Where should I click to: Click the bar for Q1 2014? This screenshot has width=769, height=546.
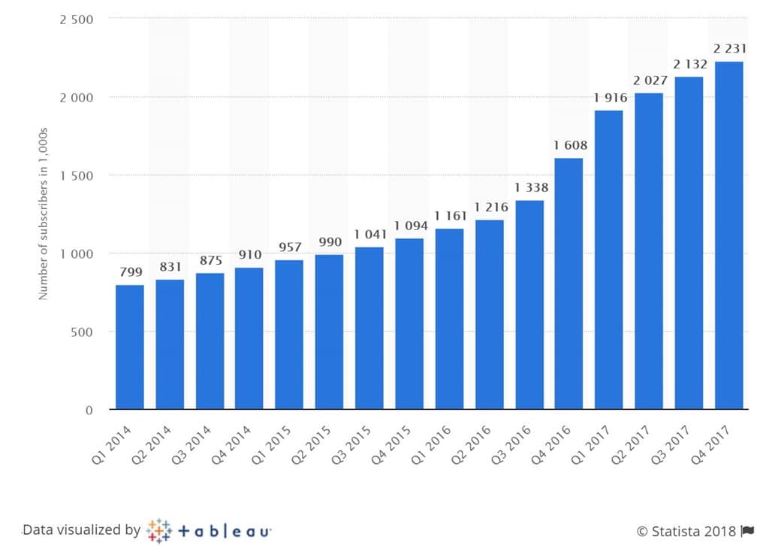point(130,347)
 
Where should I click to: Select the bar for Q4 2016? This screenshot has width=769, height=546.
point(568,284)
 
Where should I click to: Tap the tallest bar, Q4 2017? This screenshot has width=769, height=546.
point(729,235)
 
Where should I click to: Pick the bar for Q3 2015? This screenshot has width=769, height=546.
point(369,328)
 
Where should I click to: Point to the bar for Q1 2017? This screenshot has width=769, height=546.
point(609,259)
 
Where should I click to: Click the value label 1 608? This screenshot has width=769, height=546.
point(569,146)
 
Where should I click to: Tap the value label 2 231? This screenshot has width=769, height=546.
point(728,49)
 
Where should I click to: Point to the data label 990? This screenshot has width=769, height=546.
point(329,242)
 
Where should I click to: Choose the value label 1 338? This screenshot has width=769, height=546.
point(529,188)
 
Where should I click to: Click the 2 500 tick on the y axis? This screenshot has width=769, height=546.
point(77,19)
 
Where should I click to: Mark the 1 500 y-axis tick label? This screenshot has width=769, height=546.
point(77,175)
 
